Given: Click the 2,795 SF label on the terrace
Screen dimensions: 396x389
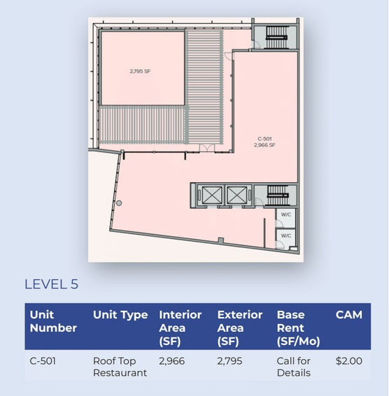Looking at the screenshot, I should click(140, 71).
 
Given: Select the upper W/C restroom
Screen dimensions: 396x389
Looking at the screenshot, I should click(285, 215).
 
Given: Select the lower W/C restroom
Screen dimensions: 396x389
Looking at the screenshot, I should click(285, 236).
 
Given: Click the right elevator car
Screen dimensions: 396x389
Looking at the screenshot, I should click(236, 195).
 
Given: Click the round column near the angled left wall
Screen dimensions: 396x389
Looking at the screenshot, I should click(120, 203).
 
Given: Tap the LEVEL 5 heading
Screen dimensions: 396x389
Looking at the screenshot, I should click(51, 284).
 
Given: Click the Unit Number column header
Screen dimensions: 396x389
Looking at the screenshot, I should click(53, 321).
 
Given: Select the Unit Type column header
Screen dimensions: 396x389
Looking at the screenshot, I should click(120, 315).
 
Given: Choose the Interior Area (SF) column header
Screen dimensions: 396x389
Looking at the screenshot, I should click(181, 327).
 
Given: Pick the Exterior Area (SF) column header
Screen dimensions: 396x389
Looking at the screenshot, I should click(240, 327).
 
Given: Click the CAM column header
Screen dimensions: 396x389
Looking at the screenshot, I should click(349, 315).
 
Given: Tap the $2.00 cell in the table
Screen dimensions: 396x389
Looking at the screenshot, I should click(348, 361).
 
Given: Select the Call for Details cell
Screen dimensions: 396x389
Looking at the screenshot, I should click(294, 367).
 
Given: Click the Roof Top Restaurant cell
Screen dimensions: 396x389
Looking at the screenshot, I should click(120, 367).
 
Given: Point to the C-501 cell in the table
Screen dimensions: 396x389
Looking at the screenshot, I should click(44, 361).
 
